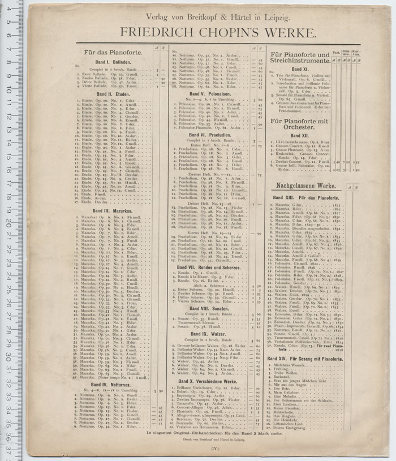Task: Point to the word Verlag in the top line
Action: point(157,16)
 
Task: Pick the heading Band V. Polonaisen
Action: point(210,94)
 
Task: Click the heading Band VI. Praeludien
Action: point(210,135)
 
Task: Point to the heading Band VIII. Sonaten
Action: point(210,309)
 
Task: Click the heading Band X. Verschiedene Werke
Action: point(210,381)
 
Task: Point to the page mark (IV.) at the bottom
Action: point(215,449)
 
